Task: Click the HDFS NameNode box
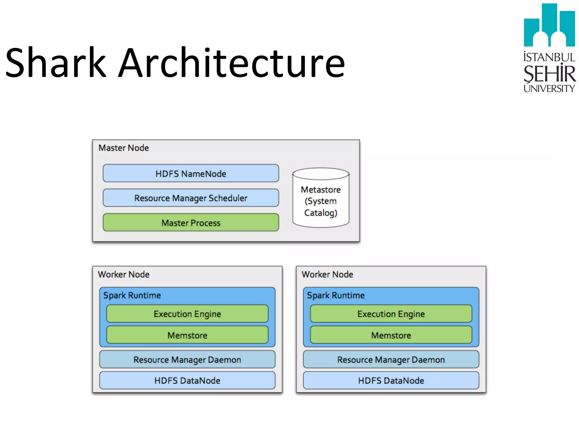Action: click(191, 173)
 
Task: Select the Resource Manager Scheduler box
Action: click(191, 198)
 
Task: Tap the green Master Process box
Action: click(191, 223)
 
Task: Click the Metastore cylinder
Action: click(321, 201)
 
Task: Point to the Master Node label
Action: click(124, 148)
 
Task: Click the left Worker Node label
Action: click(124, 274)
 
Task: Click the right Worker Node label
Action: click(327, 274)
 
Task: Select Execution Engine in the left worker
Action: click(187, 314)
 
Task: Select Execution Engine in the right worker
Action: click(391, 314)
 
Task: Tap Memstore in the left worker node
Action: click(187, 335)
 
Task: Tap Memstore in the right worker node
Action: click(391, 335)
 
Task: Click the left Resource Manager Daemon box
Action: click(187, 359)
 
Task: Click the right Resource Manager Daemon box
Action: click(391, 359)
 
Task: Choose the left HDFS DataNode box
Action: click(187, 380)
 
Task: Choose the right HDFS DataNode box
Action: click(391, 380)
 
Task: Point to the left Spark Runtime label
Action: click(132, 295)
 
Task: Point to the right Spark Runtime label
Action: click(336, 295)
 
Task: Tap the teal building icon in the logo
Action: click(549, 25)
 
